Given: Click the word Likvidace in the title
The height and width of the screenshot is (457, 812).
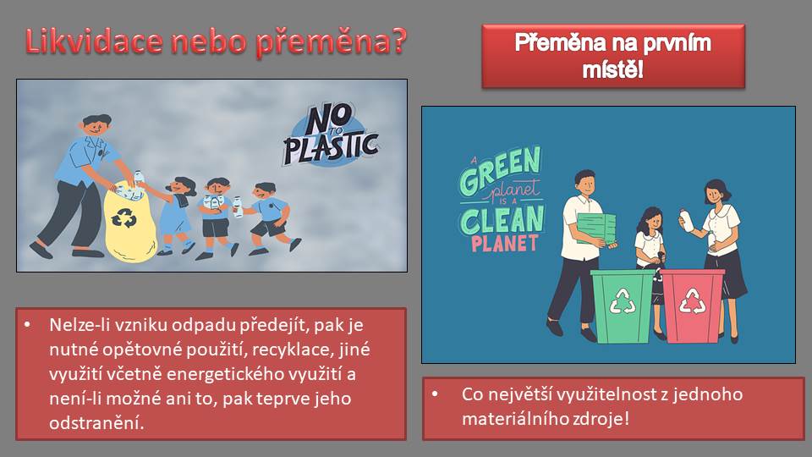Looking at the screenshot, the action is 94,41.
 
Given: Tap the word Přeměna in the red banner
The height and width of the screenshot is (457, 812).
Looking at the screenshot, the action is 561,42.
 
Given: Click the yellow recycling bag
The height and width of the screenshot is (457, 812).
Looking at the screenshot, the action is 130,222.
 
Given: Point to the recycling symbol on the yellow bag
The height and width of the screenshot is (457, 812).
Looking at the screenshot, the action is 123,217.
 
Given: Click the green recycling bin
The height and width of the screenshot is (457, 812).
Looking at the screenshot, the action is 623,306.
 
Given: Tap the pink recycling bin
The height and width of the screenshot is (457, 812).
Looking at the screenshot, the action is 693,306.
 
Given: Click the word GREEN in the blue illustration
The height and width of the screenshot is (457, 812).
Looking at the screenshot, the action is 499,169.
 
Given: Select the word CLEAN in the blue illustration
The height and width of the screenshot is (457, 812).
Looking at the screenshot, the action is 502,220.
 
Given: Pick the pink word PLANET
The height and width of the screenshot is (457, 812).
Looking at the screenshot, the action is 504,243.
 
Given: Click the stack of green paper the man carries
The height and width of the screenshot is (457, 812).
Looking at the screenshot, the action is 596,228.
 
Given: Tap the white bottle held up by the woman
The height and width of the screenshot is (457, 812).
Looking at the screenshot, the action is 686,220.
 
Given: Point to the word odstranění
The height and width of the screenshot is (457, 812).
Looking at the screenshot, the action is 96,423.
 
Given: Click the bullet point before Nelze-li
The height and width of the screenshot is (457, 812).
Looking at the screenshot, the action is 27,325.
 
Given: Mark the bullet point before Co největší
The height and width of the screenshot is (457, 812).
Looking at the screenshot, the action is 435,394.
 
